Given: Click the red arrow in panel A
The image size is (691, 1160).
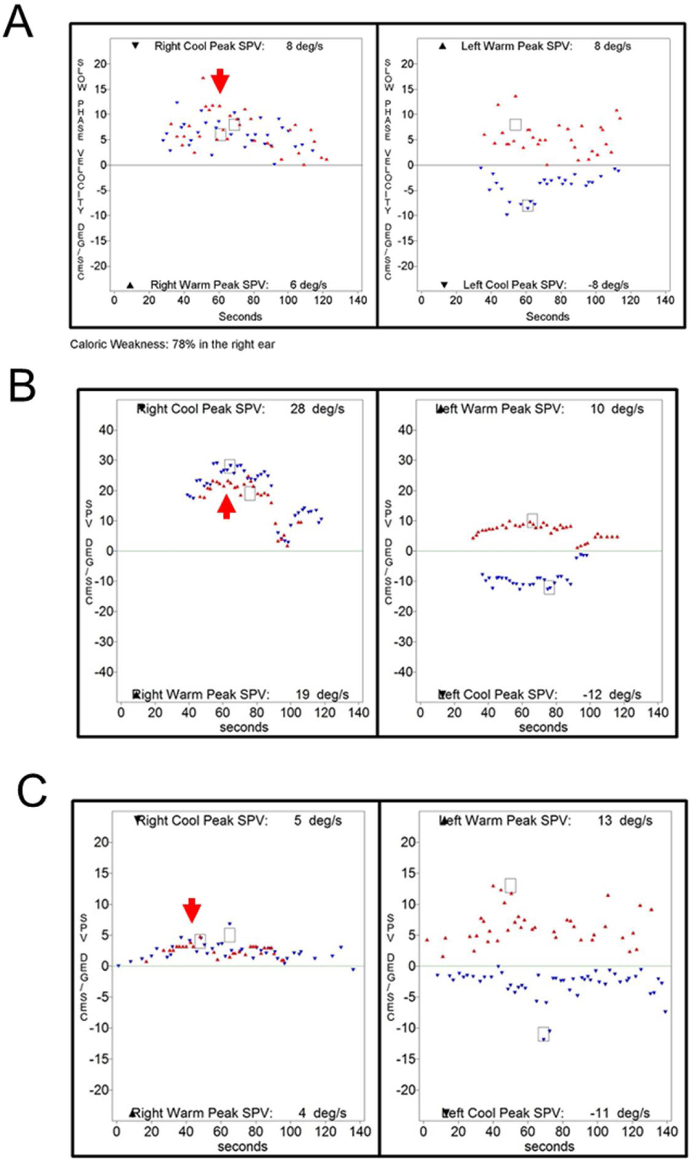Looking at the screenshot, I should (220, 80).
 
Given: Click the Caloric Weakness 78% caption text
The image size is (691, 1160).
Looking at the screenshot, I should (172, 345).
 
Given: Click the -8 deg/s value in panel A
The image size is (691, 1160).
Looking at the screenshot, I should (608, 285).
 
